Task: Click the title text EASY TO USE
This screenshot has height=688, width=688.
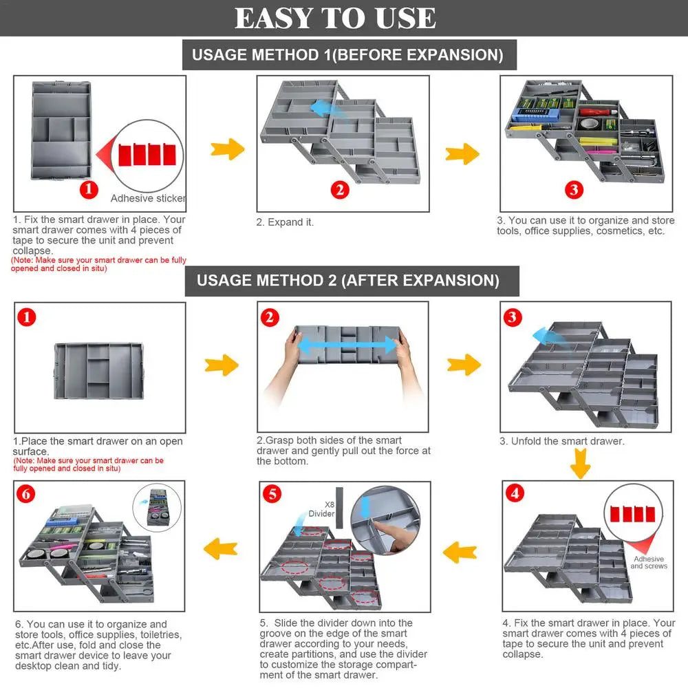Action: pyautogui.click(x=335, y=19)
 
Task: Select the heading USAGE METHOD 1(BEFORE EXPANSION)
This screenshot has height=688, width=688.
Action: pyautogui.click(x=348, y=54)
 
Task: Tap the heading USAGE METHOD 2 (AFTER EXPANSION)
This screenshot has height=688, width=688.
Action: pyautogui.click(x=348, y=281)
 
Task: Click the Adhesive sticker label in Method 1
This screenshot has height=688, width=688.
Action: pyautogui.click(x=148, y=198)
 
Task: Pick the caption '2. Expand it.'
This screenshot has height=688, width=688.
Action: pyautogui.click(x=285, y=222)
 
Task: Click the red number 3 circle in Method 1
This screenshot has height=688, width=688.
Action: pyautogui.click(x=574, y=189)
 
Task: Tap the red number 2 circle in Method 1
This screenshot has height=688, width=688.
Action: pyautogui.click(x=339, y=190)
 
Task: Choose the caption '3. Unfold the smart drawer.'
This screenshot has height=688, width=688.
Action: pyautogui.click(x=562, y=441)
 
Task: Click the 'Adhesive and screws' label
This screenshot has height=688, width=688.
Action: pyautogui.click(x=649, y=562)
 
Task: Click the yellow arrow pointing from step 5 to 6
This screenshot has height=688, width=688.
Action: pyautogui.click(x=222, y=548)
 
